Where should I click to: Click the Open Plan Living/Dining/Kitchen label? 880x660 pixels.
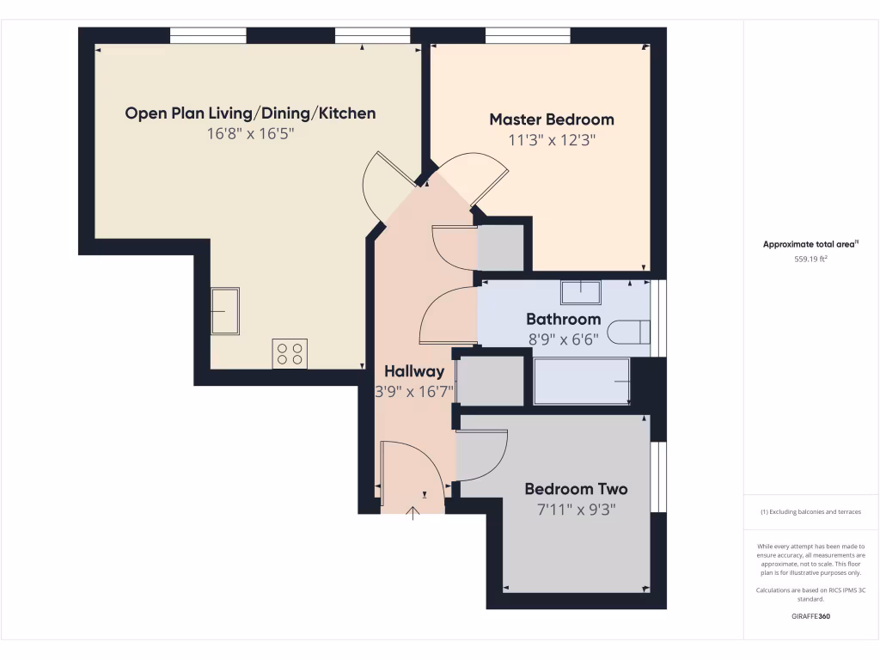(x=250, y=113)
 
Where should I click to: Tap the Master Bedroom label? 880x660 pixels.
(x=552, y=119)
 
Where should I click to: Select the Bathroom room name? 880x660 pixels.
(x=563, y=319)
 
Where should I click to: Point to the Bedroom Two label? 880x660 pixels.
(x=576, y=489)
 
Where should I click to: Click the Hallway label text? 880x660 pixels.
(x=414, y=372)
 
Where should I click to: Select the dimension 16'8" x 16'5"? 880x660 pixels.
(x=250, y=134)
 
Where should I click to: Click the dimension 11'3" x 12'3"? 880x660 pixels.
(x=552, y=140)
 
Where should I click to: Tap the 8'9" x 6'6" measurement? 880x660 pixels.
(x=563, y=339)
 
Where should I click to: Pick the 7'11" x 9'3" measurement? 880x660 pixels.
(x=576, y=510)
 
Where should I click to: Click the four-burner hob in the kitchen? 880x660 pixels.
(x=290, y=352)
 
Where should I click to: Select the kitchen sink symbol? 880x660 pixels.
(x=225, y=309)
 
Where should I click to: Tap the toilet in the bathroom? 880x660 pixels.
(x=628, y=333)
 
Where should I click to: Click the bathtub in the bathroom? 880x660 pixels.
(x=583, y=382)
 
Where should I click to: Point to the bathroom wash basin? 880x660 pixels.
(x=582, y=291)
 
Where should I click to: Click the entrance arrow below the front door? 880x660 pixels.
(x=412, y=513)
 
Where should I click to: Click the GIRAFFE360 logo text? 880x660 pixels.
(x=810, y=616)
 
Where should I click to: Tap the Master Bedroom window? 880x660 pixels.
(x=528, y=35)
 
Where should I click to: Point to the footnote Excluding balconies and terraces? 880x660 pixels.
(x=810, y=512)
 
